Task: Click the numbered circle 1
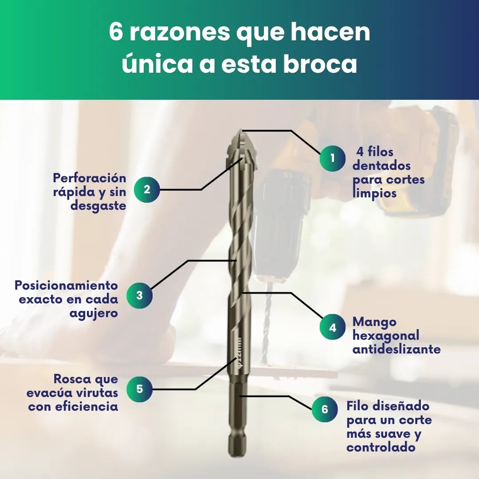[333, 158]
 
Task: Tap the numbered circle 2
[147, 189]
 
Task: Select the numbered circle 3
[140, 295]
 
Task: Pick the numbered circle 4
[333, 327]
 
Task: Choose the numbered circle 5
[140, 389]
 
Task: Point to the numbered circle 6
[325, 409]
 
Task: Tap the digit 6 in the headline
[116, 32]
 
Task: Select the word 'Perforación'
[90, 178]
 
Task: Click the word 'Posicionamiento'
[66, 285]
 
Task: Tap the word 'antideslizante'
[397, 349]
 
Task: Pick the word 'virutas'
[97, 393]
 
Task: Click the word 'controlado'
[381, 447]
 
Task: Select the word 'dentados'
[381, 165]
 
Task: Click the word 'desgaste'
[98, 206]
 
